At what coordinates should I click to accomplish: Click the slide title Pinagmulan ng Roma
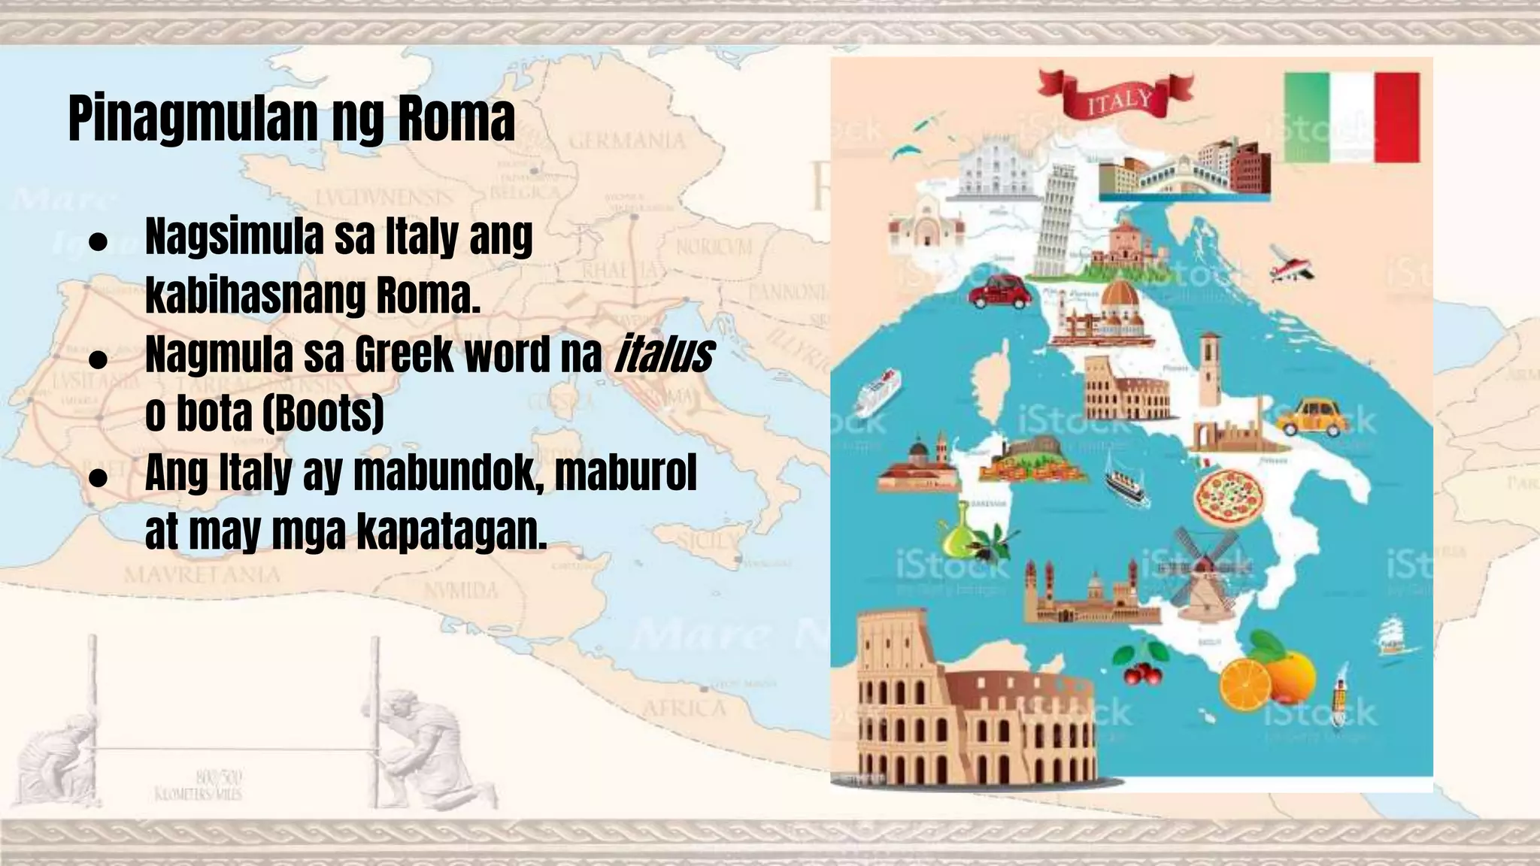click(292, 119)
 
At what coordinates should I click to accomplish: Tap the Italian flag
click(1351, 117)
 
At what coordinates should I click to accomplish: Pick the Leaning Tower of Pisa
click(1060, 220)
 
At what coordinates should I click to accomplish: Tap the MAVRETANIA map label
click(202, 576)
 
